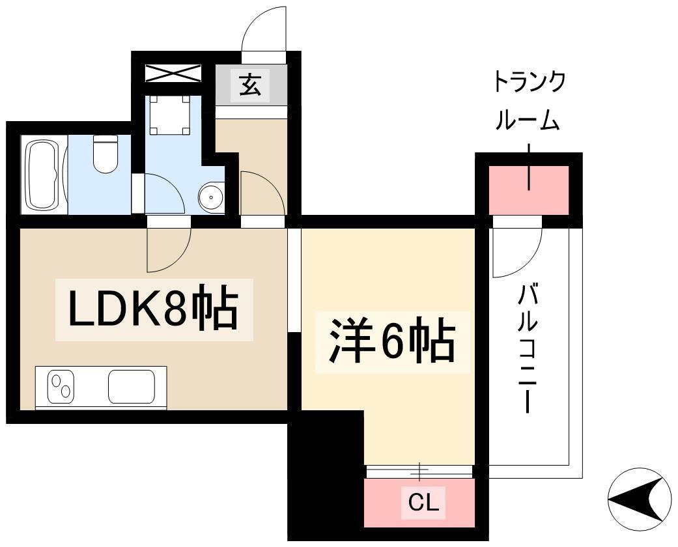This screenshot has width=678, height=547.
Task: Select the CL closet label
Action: (423, 502)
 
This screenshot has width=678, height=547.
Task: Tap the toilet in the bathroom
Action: (104, 154)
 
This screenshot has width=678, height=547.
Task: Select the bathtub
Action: (44, 173)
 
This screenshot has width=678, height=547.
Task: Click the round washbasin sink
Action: (211, 197)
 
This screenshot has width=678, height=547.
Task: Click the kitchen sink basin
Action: (131, 386)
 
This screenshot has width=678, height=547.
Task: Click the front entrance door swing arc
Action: (264, 29)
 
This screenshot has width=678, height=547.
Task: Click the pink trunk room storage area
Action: (528, 189)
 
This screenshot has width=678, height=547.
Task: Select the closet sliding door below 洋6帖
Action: (419, 470)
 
